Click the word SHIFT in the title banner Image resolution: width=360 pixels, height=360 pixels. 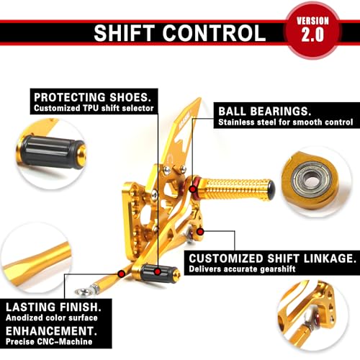[x=124, y=33]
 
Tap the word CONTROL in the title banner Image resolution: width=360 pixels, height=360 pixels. [x=214, y=33]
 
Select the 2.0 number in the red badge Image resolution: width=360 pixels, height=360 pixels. [x=312, y=35]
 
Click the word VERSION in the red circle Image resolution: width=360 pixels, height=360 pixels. [x=312, y=21]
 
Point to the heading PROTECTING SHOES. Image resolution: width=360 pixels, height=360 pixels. [x=93, y=97]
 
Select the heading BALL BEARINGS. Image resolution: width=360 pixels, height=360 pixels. [x=265, y=111]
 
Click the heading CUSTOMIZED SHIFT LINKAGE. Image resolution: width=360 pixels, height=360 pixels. [x=272, y=258]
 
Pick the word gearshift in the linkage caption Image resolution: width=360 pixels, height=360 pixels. [x=278, y=269]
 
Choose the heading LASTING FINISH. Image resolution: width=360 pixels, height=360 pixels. [x=53, y=307]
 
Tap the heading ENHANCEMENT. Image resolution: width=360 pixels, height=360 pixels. [x=51, y=331]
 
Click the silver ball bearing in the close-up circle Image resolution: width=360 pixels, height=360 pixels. [x=312, y=180]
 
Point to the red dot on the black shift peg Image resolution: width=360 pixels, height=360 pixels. [x=158, y=271]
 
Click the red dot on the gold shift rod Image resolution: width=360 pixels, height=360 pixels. [x=122, y=274]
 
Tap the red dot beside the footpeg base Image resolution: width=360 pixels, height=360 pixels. [x=200, y=232]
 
